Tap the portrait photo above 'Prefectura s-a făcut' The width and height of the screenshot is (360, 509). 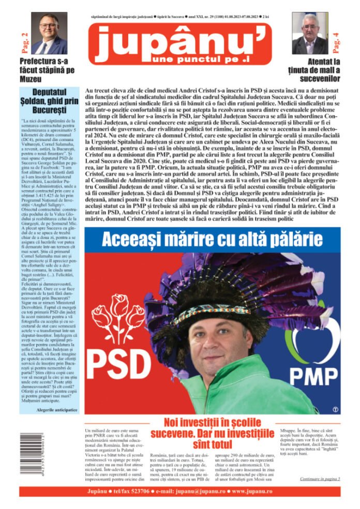(49, 33)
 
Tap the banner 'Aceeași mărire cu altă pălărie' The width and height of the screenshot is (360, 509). (212, 239)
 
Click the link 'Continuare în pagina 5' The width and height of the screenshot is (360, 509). (320, 479)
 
